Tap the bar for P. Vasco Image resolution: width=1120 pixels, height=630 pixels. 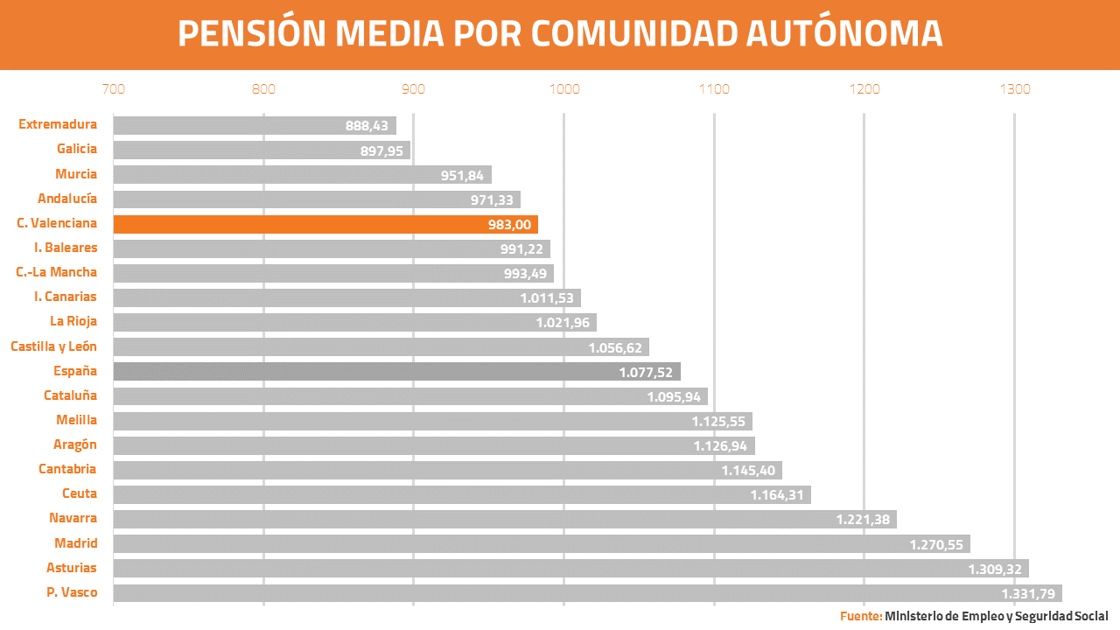(586, 593)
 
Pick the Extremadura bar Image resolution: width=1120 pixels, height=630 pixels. (254, 125)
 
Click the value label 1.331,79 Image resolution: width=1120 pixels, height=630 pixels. (1027, 594)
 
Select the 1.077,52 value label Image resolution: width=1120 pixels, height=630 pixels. (646, 373)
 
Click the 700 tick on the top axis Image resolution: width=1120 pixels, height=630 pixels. (113, 89)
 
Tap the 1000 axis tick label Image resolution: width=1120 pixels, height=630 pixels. (564, 89)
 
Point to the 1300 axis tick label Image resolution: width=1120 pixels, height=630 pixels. (1015, 89)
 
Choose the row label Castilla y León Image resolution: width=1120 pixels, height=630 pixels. (53, 346)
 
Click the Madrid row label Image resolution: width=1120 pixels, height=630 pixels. (75, 543)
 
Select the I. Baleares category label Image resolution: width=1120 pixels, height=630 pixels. (66, 248)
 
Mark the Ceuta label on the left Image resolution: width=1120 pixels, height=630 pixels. (80, 494)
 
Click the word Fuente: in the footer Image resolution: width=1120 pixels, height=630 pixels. (861, 616)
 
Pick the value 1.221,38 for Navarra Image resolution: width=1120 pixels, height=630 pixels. (863, 520)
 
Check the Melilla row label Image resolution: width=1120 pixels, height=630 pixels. (76, 420)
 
